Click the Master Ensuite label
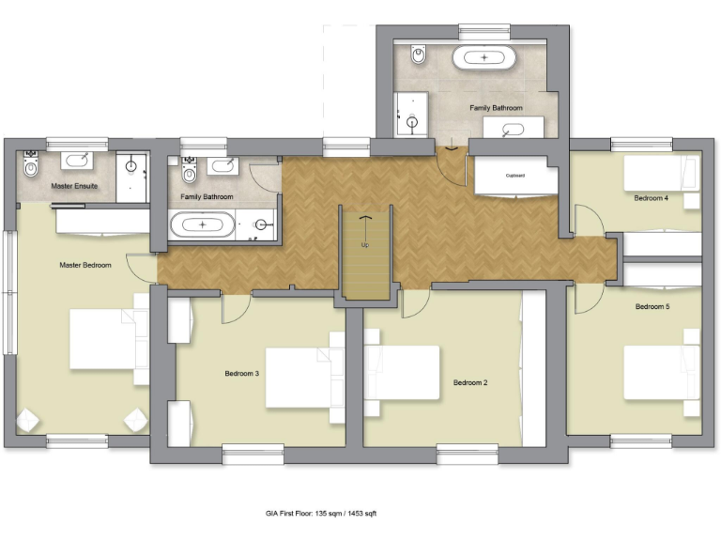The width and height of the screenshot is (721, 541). [x=74, y=186]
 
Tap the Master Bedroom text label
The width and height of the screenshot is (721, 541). [x=85, y=265]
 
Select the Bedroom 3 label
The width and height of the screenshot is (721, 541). [x=241, y=374]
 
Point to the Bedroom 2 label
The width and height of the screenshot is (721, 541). [x=470, y=382]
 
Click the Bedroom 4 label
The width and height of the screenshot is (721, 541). [x=651, y=198]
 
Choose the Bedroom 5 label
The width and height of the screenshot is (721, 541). [x=652, y=307]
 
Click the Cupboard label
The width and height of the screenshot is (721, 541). [x=515, y=176]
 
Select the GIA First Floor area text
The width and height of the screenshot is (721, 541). [x=321, y=514]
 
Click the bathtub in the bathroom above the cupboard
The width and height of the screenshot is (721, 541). [x=484, y=58]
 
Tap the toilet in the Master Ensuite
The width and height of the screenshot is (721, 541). [x=31, y=169]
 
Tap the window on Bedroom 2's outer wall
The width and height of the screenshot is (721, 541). [x=467, y=455]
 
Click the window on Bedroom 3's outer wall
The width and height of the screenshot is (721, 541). [x=253, y=455]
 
